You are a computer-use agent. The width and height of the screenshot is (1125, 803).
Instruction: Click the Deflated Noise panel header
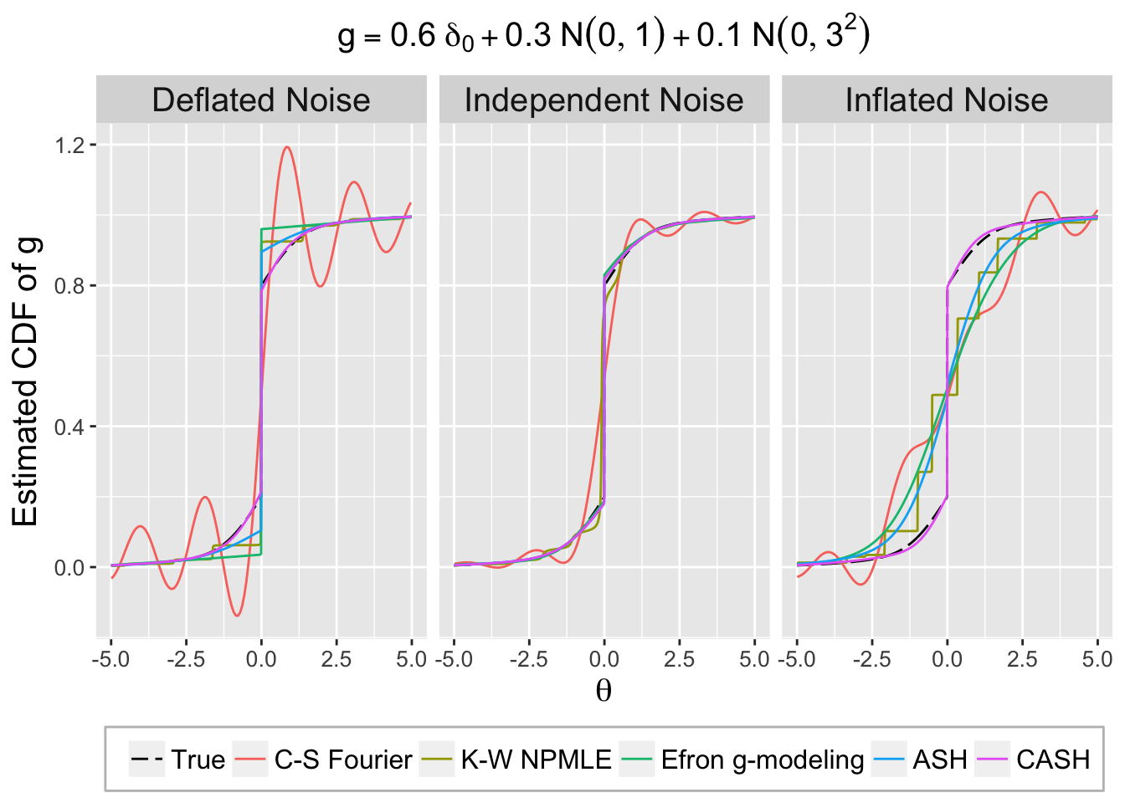pyautogui.click(x=261, y=100)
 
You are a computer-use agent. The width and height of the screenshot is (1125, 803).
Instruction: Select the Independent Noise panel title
pyautogui.click(x=604, y=100)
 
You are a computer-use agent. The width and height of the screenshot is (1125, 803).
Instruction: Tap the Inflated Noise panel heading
pyautogui.click(x=946, y=100)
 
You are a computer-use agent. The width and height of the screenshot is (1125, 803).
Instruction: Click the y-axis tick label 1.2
pyautogui.click(x=69, y=146)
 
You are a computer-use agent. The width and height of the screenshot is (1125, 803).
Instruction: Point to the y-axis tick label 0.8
pyautogui.click(x=69, y=286)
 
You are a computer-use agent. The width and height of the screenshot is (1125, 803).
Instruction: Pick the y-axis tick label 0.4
pyautogui.click(x=69, y=427)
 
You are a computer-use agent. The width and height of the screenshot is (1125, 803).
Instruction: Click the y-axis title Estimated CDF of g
pyautogui.click(x=27, y=381)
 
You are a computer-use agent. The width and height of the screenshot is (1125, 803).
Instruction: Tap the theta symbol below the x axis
pyautogui.click(x=604, y=691)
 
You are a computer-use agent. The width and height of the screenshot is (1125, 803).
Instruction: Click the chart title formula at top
pyautogui.click(x=604, y=35)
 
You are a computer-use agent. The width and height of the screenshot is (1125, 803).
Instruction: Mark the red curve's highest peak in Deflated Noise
pyautogui.click(x=287, y=147)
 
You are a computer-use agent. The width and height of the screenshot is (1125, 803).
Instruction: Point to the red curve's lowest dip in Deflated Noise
pyautogui.click(x=238, y=616)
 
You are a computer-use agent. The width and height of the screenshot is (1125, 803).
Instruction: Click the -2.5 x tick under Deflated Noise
pyautogui.click(x=186, y=659)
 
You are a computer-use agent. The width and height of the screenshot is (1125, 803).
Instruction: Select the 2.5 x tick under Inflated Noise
pyautogui.click(x=1022, y=659)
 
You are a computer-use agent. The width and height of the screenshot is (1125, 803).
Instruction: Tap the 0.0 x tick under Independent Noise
pyautogui.click(x=604, y=659)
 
